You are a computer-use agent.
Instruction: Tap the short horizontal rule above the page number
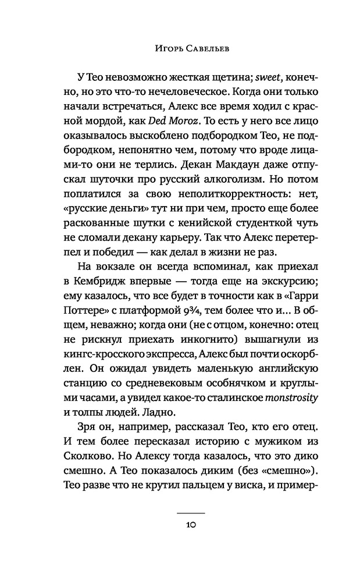pos(191,512)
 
